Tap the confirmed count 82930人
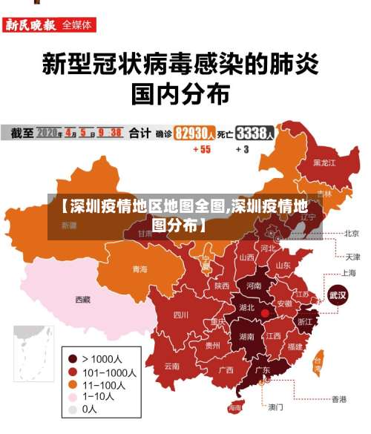pos(195,134)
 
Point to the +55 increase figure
pos(201,149)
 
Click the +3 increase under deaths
pos(243,149)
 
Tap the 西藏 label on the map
pos(82,300)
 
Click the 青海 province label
pos(139,269)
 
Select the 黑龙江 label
pos(324,162)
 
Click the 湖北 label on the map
pos(246,307)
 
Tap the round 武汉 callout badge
pos(338,295)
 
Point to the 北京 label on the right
pos(351,233)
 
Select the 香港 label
pos(338,399)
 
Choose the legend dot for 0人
pos(73,409)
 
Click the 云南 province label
pos(171,366)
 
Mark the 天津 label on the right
pos(352,257)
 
